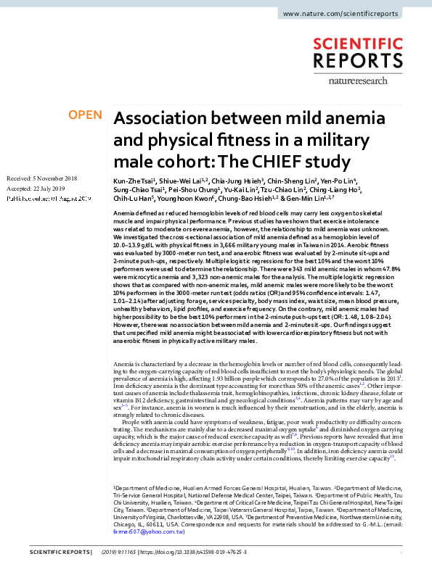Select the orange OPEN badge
(84, 115)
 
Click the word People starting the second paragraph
(134, 421)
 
